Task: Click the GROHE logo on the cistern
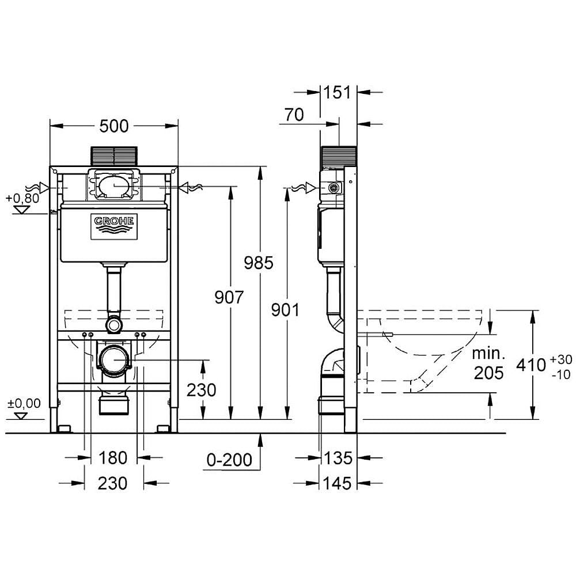click(x=114, y=226)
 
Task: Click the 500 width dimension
click(x=114, y=126)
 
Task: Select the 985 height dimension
click(x=259, y=263)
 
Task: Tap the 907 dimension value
click(x=229, y=297)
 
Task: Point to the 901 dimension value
click(x=285, y=310)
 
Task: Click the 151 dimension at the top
click(x=338, y=92)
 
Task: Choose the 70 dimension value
click(x=294, y=115)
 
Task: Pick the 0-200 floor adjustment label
click(x=229, y=460)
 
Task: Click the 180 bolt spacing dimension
click(x=113, y=458)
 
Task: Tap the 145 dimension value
click(x=337, y=483)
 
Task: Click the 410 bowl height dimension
click(x=531, y=365)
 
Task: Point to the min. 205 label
click(x=488, y=363)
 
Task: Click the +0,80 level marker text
click(x=22, y=198)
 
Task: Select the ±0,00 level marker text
click(x=24, y=403)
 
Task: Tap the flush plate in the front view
click(x=114, y=156)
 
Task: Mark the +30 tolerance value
click(x=561, y=359)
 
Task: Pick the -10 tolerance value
click(x=561, y=374)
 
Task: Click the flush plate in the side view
click(x=339, y=156)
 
